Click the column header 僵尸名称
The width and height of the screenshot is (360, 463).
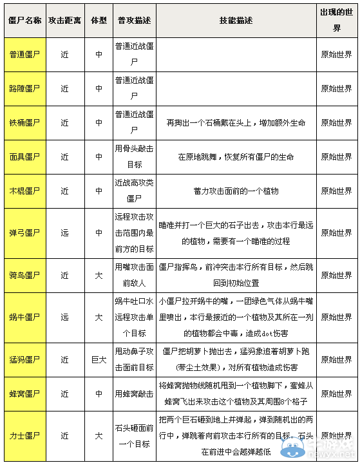(x=25, y=21)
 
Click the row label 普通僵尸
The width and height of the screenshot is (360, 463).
(x=25, y=55)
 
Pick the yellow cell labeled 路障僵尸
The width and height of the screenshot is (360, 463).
(x=25, y=89)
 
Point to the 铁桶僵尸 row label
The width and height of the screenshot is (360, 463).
(x=25, y=122)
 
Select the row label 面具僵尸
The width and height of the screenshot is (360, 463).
(x=25, y=156)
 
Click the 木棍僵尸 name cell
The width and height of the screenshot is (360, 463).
(x=25, y=191)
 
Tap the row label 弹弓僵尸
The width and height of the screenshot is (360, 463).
(x=25, y=232)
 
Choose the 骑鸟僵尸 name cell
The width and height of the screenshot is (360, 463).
(x=25, y=275)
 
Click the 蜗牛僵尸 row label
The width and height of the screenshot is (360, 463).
(x=25, y=317)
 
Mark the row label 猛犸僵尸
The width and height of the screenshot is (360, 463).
(x=25, y=359)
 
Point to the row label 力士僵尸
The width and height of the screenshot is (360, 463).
(x=25, y=435)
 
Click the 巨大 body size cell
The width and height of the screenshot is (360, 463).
(x=99, y=359)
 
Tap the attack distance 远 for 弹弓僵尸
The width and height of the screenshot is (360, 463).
(x=64, y=232)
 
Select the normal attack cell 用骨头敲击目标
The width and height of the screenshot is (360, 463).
(x=134, y=156)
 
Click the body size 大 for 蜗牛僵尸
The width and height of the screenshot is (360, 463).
(x=99, y=317)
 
